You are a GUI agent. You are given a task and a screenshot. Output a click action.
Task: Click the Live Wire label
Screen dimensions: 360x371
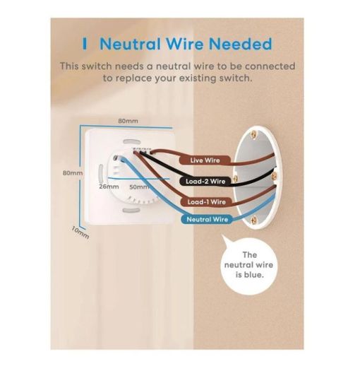coord(205,160)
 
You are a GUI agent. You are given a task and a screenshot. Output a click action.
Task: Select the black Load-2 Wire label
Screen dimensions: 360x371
coord(205,181)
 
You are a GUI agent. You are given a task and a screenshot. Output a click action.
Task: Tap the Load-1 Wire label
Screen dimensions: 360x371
coord(206,202)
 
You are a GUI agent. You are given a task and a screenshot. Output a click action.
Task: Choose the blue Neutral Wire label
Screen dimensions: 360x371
coord(207,219)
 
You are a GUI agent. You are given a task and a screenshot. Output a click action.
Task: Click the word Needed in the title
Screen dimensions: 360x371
coord(240,44)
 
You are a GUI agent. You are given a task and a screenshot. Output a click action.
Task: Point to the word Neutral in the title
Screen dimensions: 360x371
coord(131,44)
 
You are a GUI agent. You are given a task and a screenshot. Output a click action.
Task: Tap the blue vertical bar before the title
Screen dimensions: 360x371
coord(85,44)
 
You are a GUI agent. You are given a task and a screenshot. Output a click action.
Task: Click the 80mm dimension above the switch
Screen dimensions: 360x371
coord(128,121)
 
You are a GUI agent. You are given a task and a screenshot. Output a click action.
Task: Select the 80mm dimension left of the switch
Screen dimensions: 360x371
coord(73,173)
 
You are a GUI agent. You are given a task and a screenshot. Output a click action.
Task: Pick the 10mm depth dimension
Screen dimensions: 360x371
coord(80,232)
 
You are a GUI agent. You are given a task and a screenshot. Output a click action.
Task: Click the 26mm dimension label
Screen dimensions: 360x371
coord(109,187)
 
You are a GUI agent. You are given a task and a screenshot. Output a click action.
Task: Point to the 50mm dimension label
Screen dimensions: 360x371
coord(139,187)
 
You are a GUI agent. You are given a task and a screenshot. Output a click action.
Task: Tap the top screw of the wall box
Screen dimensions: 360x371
coord(253,134)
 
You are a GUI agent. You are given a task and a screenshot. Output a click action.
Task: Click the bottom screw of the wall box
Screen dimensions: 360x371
coord(254,220)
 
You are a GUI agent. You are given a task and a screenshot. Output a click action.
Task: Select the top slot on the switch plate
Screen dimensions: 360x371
coord(132,142)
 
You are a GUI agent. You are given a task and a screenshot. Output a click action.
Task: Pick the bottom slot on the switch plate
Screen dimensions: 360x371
coord(131,211)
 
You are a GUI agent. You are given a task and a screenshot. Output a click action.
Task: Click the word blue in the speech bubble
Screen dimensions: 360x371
coord(253,275)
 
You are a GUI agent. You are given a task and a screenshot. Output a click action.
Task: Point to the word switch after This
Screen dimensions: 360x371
coord(97,66)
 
